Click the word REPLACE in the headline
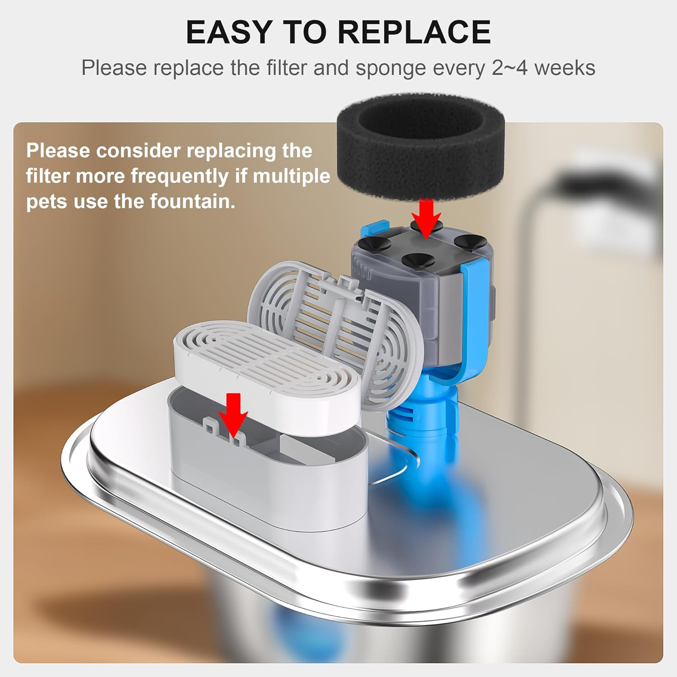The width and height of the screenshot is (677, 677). coord(414,32)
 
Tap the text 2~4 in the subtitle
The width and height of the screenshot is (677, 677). coord(510,68)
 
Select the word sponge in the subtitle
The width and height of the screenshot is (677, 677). coord(390,68)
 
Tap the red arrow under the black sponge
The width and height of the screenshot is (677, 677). coord(426,218)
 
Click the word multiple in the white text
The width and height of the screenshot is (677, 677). coord(292,176)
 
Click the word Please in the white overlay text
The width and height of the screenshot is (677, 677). coord(58,150)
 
